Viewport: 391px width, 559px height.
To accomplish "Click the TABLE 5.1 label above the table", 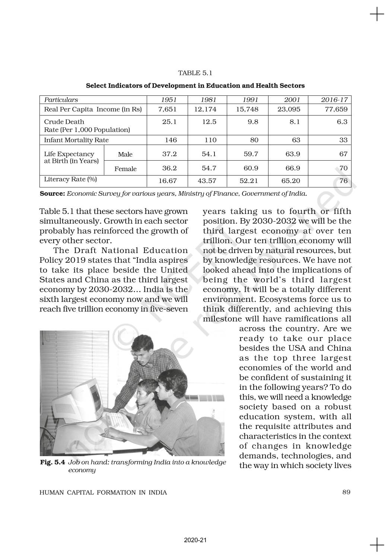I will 195,73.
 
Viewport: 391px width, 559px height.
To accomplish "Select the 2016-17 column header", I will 334,100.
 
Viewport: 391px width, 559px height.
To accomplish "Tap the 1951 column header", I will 168,100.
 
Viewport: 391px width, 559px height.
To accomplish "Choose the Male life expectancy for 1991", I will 251,154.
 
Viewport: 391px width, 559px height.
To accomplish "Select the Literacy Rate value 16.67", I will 167,181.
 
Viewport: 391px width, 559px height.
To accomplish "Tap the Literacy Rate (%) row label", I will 70,179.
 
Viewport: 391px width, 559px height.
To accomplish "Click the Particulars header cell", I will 61,100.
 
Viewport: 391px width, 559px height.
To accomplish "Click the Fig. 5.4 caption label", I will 53,462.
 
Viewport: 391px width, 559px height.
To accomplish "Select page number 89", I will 346,492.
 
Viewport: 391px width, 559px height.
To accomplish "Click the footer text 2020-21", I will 195,540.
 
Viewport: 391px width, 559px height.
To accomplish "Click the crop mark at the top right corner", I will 377,15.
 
